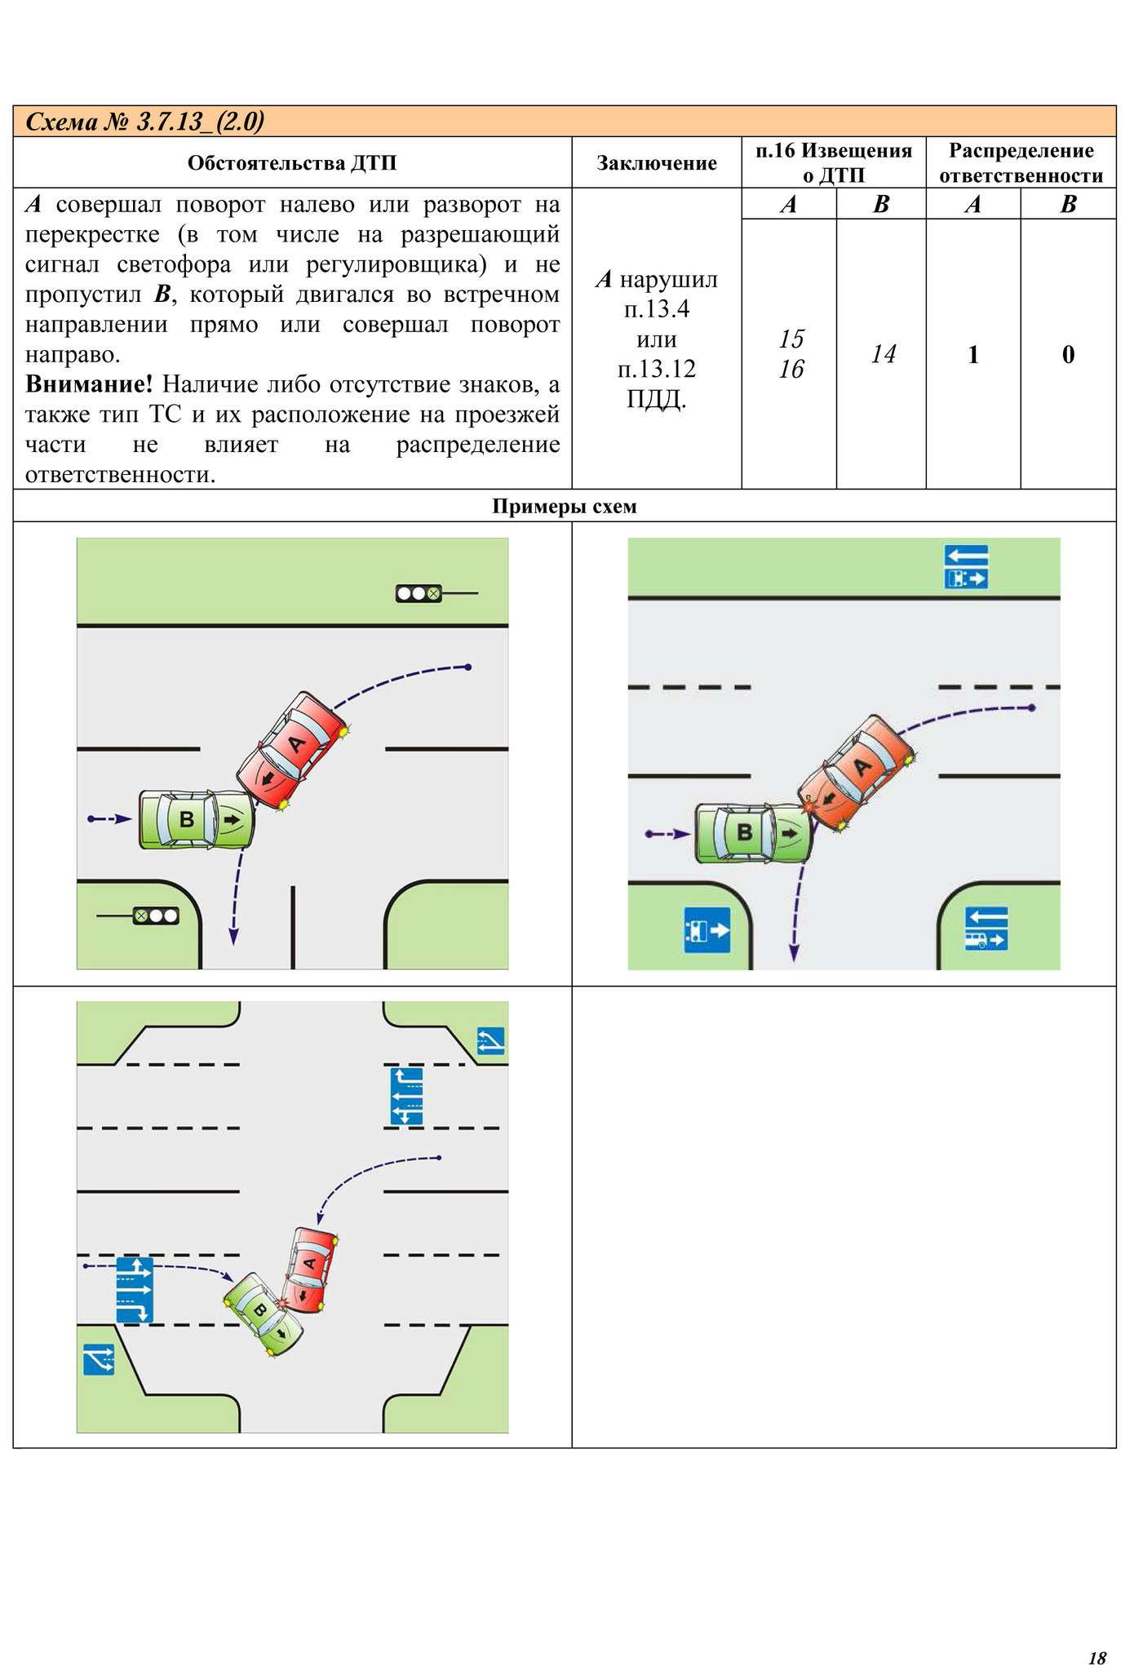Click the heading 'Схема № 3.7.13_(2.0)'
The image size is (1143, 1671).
coord(145,122)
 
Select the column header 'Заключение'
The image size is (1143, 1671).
coord(656,163)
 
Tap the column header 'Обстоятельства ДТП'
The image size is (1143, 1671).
coord(292,163)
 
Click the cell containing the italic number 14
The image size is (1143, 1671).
coord(883,354)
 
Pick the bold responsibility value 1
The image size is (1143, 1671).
coord(972,354)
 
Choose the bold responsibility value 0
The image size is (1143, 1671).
coord(1068,354)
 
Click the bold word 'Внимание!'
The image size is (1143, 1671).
coord(88,383)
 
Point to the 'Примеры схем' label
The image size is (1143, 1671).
coord(564,507)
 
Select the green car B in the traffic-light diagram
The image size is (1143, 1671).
coord(196,819)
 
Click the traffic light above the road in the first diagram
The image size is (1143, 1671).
coord(419,594)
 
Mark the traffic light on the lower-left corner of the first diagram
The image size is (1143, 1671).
coord(157,915)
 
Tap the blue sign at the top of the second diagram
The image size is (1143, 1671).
coord(966,567)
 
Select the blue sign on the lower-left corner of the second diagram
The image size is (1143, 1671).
coord(707,930)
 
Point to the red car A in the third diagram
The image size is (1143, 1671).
coord(309,1269)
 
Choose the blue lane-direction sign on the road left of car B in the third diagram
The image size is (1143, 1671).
coord(134,1290)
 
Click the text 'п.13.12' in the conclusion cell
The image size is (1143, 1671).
coord(656,369)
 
